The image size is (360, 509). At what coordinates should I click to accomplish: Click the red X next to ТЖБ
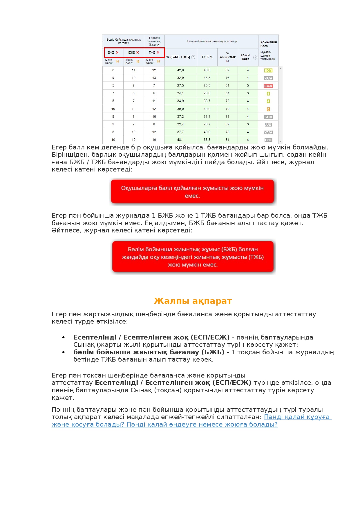coord(158,53)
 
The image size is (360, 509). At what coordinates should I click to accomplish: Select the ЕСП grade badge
coord(268,71)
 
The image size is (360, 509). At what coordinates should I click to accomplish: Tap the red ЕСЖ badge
coord(268,86)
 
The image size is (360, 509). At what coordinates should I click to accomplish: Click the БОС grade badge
coord(268,117)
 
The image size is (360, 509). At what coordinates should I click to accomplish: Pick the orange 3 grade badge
coord(268,109)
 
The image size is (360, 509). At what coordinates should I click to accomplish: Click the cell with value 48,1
coord(180,140)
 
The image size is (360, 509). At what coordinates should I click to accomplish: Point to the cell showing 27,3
coord(180,86)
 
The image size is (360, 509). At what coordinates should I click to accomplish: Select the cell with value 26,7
coord(207,124)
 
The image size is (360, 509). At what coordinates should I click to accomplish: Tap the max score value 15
coord(158,62)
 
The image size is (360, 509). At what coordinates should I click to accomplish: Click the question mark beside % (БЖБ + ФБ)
coord(193,57)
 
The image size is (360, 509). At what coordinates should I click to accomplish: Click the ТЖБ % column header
coord(207,57)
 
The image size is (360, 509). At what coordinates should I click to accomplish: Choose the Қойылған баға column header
coord(268,44)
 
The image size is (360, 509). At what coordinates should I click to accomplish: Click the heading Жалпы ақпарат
coord(193,301)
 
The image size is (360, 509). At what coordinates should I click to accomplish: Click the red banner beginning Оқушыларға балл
coord(192,192)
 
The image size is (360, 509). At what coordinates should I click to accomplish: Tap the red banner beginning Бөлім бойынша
coord(193,257)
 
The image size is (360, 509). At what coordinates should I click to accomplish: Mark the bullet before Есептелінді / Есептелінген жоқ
coord(64,337)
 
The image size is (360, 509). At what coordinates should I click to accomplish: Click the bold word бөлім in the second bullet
coord(83,352)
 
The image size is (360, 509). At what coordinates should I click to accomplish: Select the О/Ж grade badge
coord(268,140)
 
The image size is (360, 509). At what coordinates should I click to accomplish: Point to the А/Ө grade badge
coord(268,125)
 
